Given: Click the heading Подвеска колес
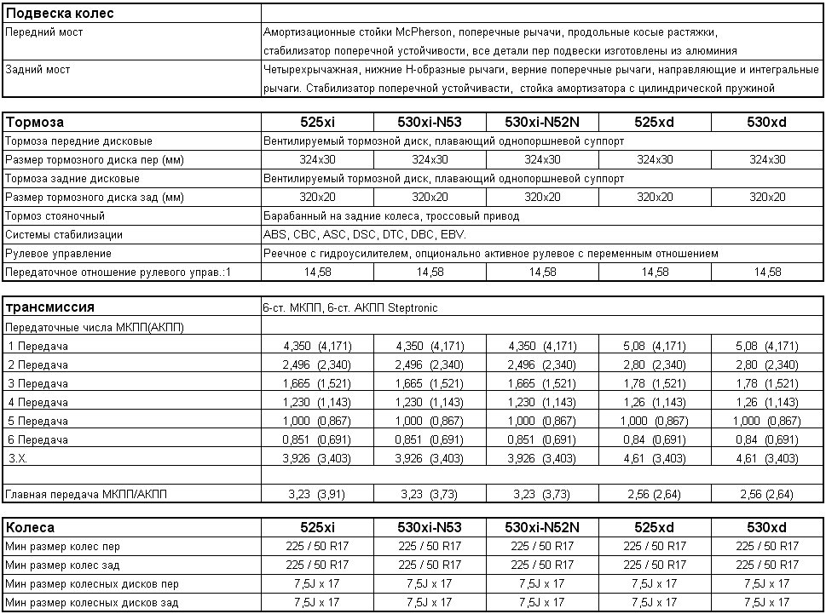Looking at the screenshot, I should point(60,14).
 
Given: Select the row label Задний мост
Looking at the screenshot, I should point(38,70).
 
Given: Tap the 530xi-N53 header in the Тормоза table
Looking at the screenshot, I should point(430,123).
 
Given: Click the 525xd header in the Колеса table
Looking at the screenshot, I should point(655,528).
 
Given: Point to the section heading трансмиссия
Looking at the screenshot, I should point(49,307).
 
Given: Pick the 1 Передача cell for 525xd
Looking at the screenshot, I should point(655,347).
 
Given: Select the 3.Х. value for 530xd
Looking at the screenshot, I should point(767,458).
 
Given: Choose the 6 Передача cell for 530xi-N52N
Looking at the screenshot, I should point(542,439).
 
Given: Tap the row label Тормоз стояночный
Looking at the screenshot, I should point(55,216).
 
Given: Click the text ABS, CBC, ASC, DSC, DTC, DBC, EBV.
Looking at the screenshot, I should point(365,235).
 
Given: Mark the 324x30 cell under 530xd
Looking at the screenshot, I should point(767,160).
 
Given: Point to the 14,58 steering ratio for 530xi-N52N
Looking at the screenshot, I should point(542,273).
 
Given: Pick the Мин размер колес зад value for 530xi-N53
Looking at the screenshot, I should point(430,565).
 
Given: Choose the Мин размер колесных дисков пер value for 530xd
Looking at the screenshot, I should point(767,584).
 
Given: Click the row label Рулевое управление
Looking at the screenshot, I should point(58,254).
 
